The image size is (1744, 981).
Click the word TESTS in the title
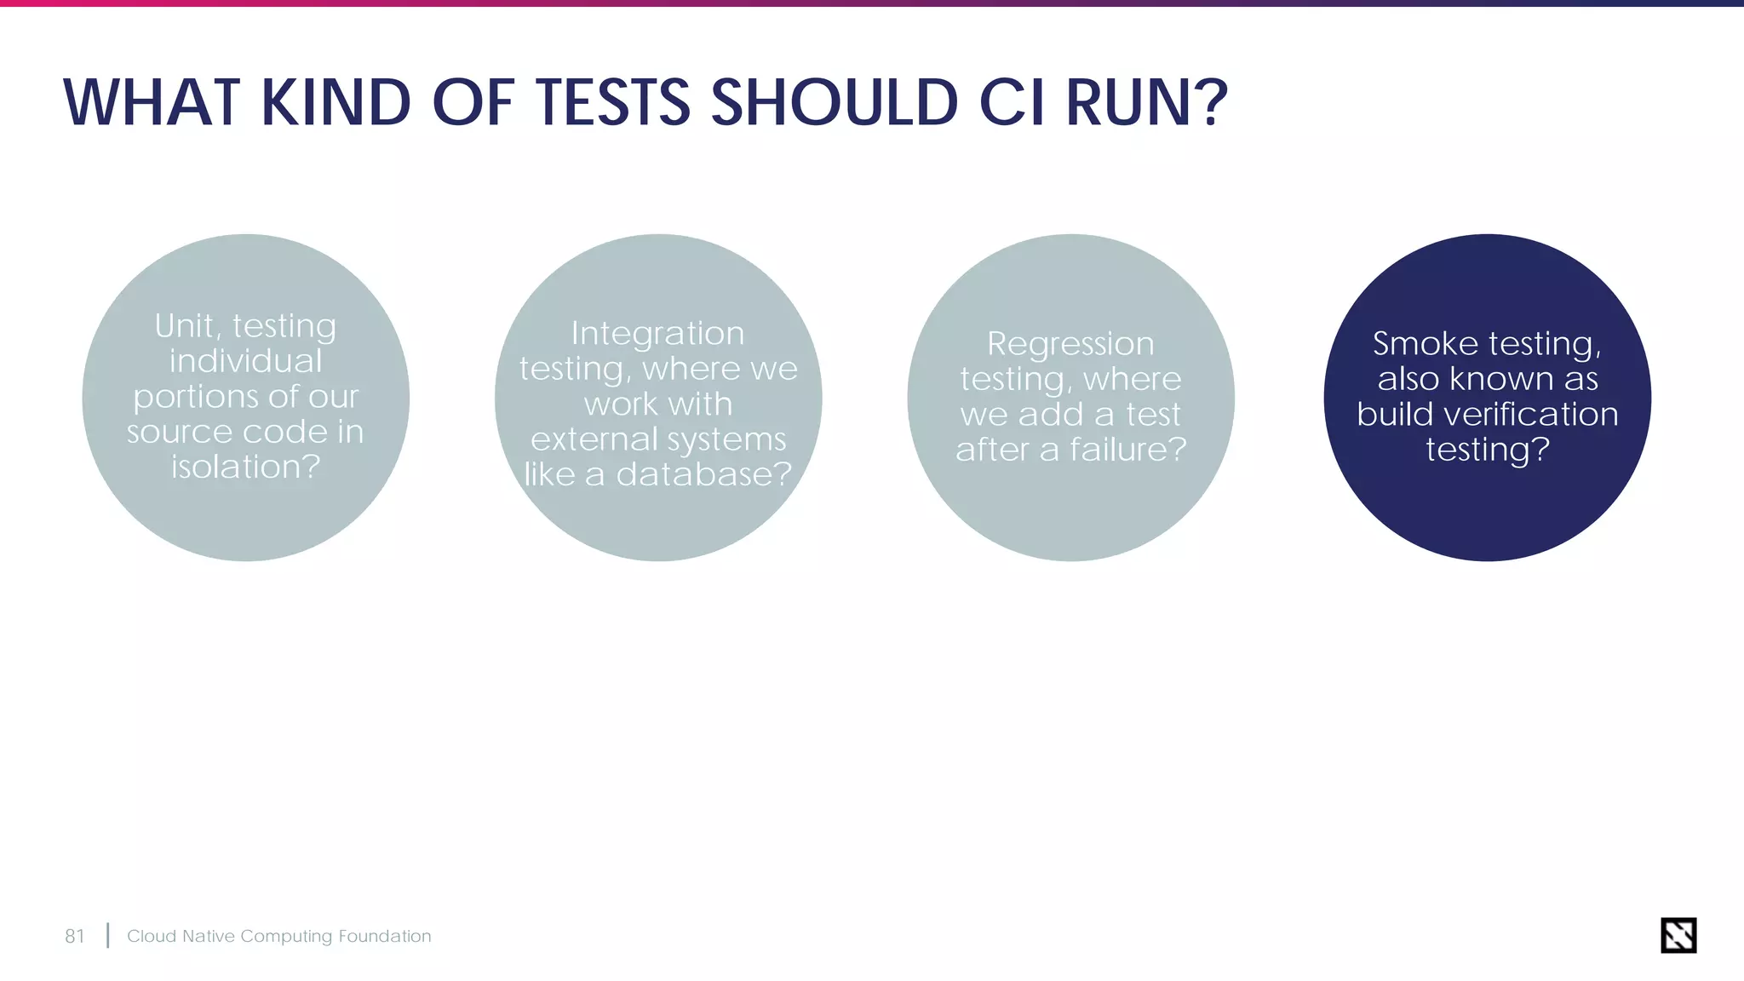pyautogui.click(x=612, y=103)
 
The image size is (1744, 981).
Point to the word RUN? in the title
pyautogui.click(x=1146, y=103)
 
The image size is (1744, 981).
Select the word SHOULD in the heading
pyautogui.click(x=834, y=103)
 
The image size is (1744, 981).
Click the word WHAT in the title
pyautogui.click(x=152, y=103)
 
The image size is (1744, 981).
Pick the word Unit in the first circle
pyautogui.click(x=185, y=326)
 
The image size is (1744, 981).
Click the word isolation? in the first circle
pyautogui.click(x=245, y=467)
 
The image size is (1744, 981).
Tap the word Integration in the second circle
pyautogui.click(x=657, y=333)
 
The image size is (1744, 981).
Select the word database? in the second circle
pyautogui.click(x=704, y=474)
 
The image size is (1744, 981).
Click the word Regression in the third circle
pyautogui.click(x=1070, y=344)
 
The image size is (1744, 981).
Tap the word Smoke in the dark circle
pyautogui.click(x=1425, y=344)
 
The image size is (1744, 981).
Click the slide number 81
pyautogui.click(x=75, y=937)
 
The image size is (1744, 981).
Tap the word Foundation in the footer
pyautogui.click(x=385, y=937)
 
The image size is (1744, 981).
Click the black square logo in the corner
pyautogui.click(x=1678, y=935)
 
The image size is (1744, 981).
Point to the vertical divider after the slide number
pyautogui.click(x=108, y=936)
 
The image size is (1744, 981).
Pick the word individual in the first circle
pyautogui.click(x=245, y=361)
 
